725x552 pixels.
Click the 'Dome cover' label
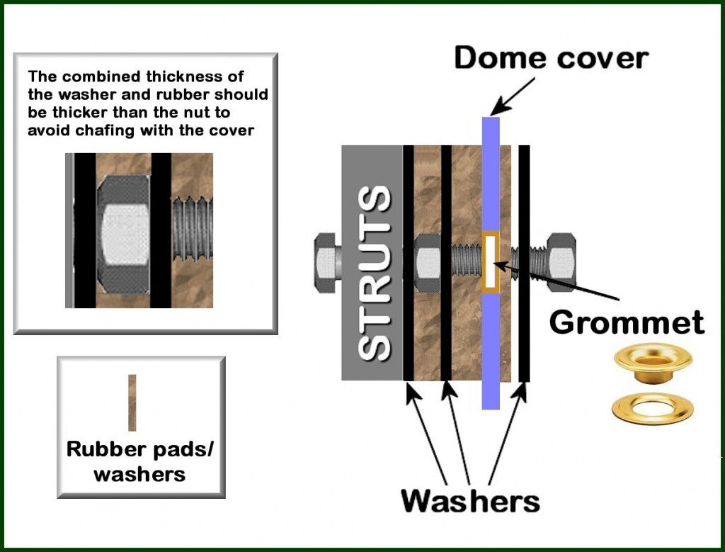click(x=551, y=58)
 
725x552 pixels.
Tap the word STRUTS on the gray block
click(x=373, y=273)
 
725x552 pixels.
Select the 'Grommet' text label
click(x=627, y=322)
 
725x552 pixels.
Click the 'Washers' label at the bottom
click(x=470, y=501)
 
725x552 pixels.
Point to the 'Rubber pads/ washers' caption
click(x=139, y=462)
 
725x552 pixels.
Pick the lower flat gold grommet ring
click(x=652, y=408)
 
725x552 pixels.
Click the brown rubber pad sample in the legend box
click(x=132, y=402)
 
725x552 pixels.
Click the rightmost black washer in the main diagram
click(x=524, y=262)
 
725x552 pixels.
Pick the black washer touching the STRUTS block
click(x=409, y=262)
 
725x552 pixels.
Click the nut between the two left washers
click(x=428, y=263)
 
